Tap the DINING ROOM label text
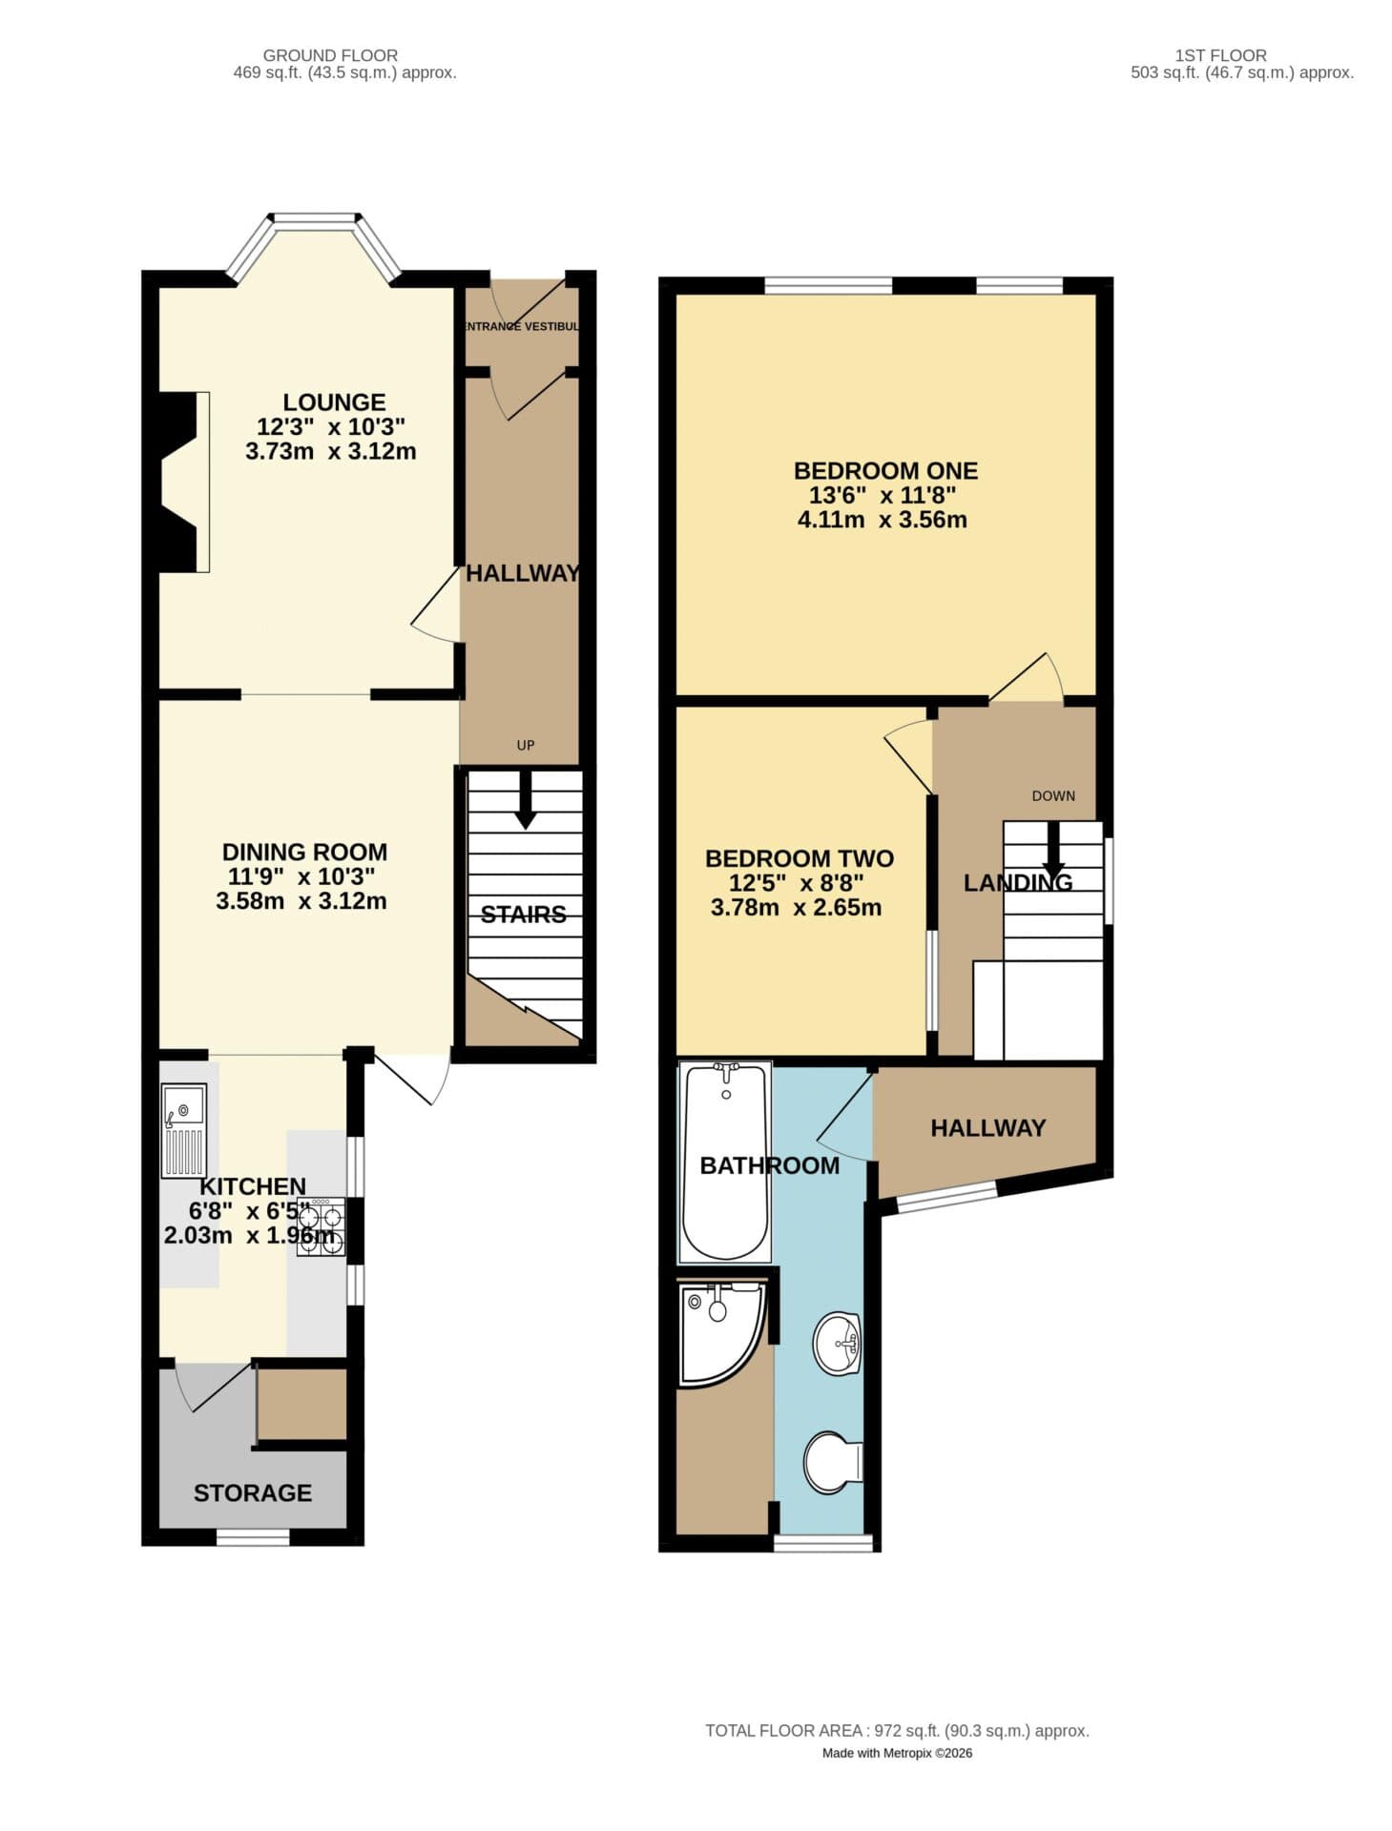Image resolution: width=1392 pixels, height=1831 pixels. (304, 852)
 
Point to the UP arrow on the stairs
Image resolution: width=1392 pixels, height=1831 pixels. (525, 799)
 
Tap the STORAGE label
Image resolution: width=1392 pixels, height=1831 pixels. (253, 1492)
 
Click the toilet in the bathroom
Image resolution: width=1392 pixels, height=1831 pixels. (833, 1462)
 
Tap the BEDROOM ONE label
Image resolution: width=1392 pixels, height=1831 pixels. (885, 470)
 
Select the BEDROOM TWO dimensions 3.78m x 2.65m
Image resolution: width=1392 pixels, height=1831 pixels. (796, 907)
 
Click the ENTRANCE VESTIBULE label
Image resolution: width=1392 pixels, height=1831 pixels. (521, 326)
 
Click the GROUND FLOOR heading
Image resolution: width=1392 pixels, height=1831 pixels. (330, 55)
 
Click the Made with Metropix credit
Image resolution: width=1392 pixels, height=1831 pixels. (897, 1753)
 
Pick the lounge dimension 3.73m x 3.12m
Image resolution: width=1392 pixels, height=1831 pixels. (331, 452)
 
